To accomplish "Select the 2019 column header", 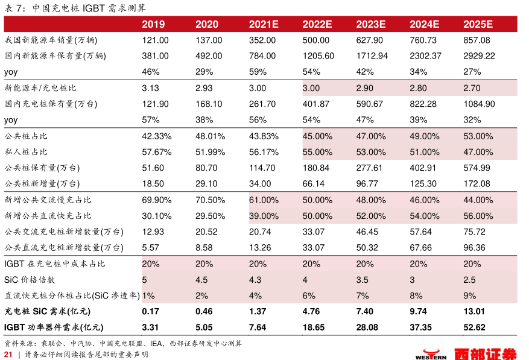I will click(x=153, y=25).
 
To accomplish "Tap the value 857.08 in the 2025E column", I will click(x=477, y=40).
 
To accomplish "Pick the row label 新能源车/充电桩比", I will click(x=40, y=88).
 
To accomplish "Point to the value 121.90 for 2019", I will click(x=155, y=104).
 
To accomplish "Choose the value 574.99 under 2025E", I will click(x=477, y=168).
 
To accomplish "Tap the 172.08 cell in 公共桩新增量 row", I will click(x=477, y=183).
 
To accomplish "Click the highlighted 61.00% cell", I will click(x=264, y=200).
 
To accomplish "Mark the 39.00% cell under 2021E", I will click(x=264, y=215).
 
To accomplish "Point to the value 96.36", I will click(x=474, y=247).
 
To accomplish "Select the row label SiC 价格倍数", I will click(x=30, y=280).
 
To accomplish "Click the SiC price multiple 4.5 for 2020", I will click(x=202, y=280).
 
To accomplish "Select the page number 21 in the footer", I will click(x=8, y=354).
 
